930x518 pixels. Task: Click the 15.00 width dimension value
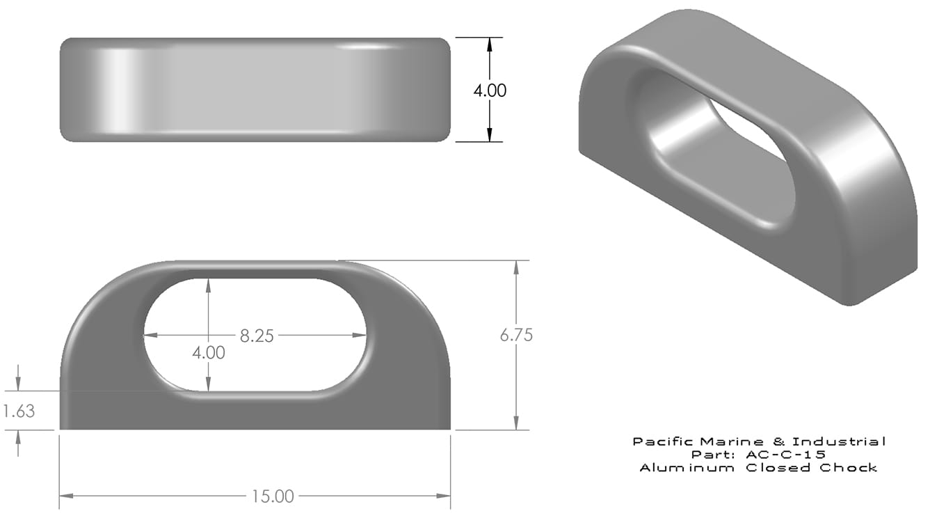click(273, 496)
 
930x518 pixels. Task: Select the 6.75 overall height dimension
click(516, 335)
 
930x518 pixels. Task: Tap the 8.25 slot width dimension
click(257, 336)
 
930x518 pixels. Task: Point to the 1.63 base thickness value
click(19, 411)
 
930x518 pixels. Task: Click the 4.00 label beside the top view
click(490, 91)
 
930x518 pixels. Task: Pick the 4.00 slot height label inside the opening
click(209, 353)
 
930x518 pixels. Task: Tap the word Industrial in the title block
click(839, 441)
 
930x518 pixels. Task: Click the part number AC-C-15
click(785, 455)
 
